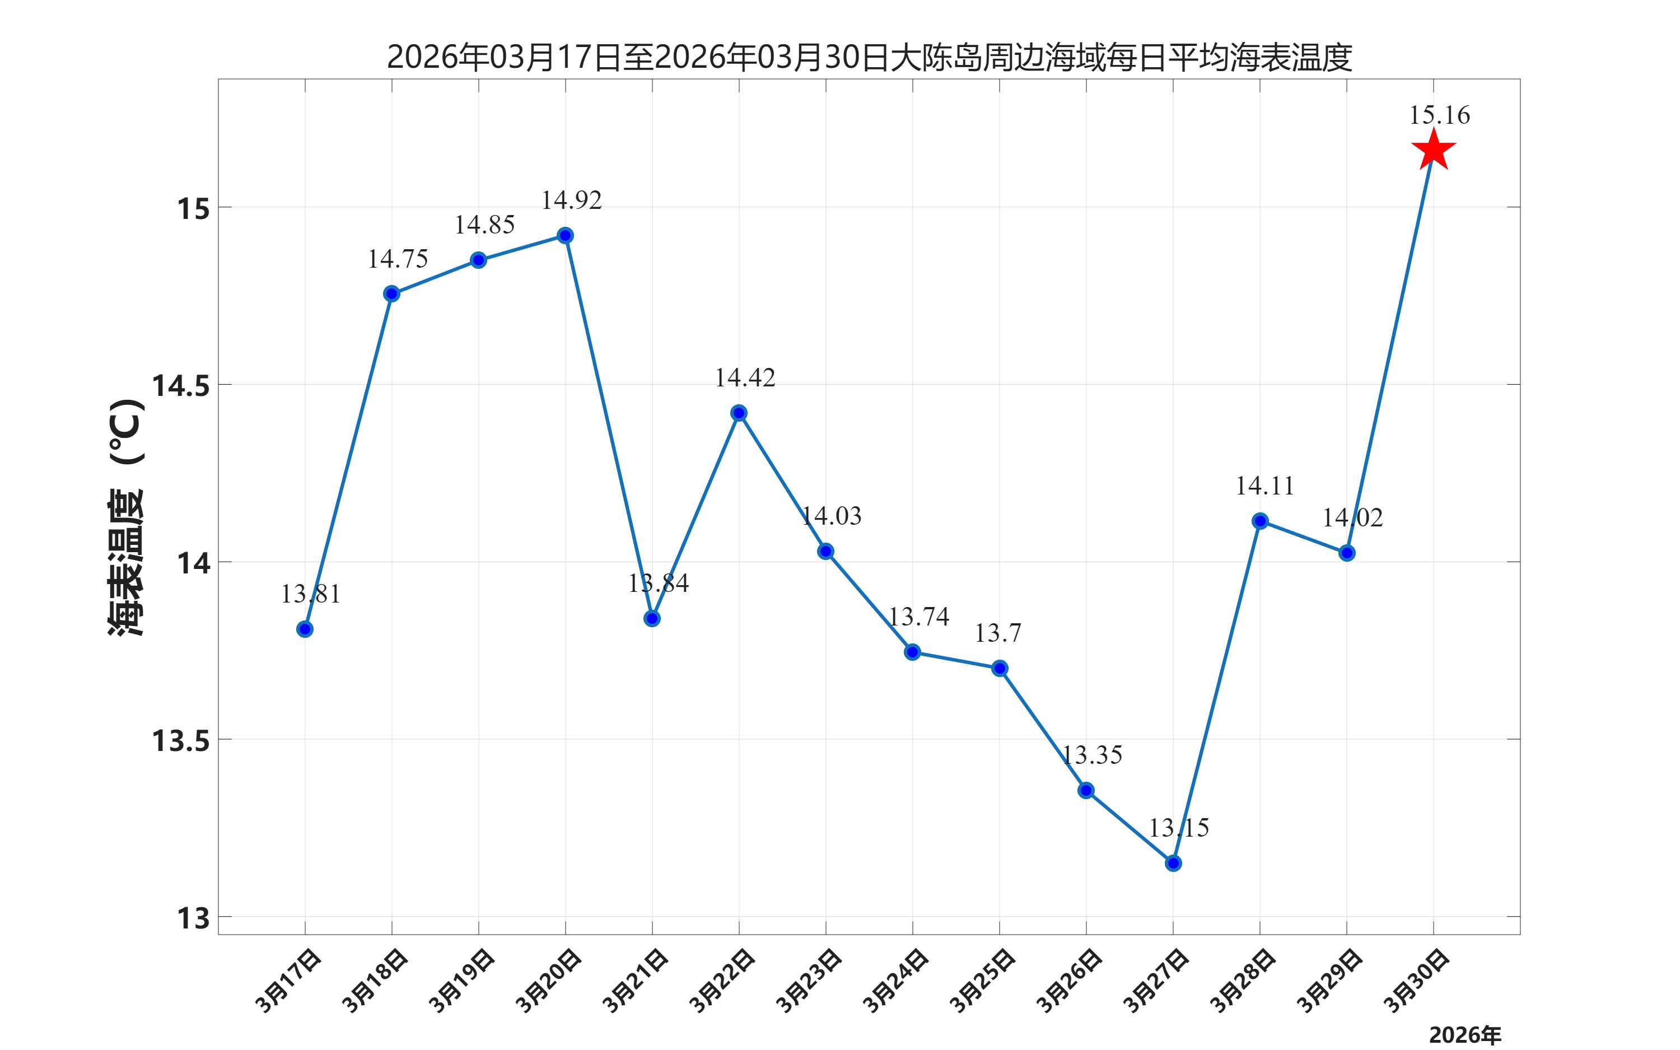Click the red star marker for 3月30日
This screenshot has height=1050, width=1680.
(x=1433, y=150)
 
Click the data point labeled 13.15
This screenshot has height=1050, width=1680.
(x=1173, y=863)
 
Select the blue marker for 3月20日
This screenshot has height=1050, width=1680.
(x=565, y=235)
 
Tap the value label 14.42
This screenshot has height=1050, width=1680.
(x=745, y=378)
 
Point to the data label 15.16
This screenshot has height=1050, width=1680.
(x=1439, y=115)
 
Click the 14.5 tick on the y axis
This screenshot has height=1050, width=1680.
(x=180, y=386)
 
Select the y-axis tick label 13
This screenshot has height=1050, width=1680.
(x=193, y=918)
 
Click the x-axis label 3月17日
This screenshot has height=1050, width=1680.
(x=288, y=981)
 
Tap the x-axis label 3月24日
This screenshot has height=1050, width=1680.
(x=895, y=981)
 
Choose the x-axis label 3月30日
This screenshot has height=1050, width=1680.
(x=1417, y=981)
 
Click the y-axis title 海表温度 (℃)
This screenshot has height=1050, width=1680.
(x=127, y=517)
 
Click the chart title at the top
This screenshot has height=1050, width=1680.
(x=869, y=57)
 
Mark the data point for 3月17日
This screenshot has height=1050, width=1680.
(x=305, y=629)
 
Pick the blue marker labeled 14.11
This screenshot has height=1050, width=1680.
(x=1260, y=521)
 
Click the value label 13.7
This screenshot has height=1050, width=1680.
(x=997, y=633)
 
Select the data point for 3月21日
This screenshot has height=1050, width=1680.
(x=652, y=618)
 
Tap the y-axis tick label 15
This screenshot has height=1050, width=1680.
(x=193, y=208)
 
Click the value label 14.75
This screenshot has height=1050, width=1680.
(x=398, y=259)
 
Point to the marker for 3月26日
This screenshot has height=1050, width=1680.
(x=1086, y=790)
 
